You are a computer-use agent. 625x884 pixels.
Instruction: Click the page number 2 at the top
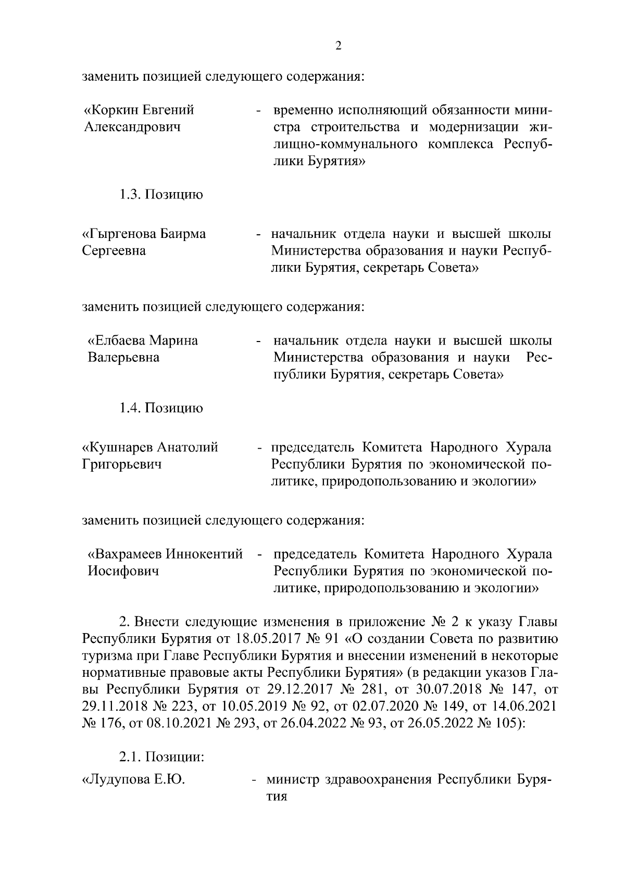pyautogui.click(x=338, y=46)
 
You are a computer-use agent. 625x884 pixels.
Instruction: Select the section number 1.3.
pyautogui.click(x=129, y=195)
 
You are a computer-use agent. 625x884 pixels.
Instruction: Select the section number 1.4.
pyautogui.click(x=129, y=408)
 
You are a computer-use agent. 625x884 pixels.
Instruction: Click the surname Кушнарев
pyautogui.click(x=119, y=447)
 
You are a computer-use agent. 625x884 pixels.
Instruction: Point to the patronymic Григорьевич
pyautogui.click(x=122, y=464)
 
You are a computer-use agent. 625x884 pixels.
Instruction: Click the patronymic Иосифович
pyautogui.click(x=122, y=571)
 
